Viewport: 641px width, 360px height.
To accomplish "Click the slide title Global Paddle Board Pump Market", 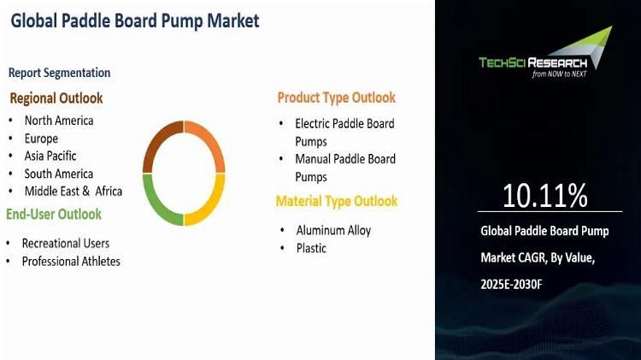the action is click(135, 21).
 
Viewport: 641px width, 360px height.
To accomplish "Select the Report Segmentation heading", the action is click(59, 73).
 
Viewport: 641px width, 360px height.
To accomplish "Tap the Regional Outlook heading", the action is click(56, 98).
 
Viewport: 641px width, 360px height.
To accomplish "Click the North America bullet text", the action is click(59, 121).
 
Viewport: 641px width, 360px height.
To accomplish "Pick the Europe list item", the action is click(41, 139).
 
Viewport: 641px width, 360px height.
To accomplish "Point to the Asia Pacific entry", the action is click(50, 156).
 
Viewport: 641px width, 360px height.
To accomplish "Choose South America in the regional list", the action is click(59, 174).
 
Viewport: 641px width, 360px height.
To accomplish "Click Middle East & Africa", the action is click(74, 192).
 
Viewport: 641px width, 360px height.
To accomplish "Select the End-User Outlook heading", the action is click(54, 214).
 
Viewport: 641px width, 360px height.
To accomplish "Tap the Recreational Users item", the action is click(66, 244).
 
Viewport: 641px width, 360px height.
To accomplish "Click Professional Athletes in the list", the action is click(71, 262).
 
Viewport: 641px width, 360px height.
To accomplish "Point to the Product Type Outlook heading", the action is click(337, 97).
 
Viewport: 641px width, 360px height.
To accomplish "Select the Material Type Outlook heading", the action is click(337, 201).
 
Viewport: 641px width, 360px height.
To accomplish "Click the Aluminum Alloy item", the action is click(333, 230).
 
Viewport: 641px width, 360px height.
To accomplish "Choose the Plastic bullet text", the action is click(311, 248).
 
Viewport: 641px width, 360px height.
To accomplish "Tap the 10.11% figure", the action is click(545, 195).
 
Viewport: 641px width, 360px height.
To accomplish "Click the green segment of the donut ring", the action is click(153, 205).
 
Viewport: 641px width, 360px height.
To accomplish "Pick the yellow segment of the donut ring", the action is click(214, 205).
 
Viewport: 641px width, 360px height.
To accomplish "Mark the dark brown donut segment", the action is click(155, 139).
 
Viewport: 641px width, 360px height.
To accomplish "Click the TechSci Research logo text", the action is click(533, 63).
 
